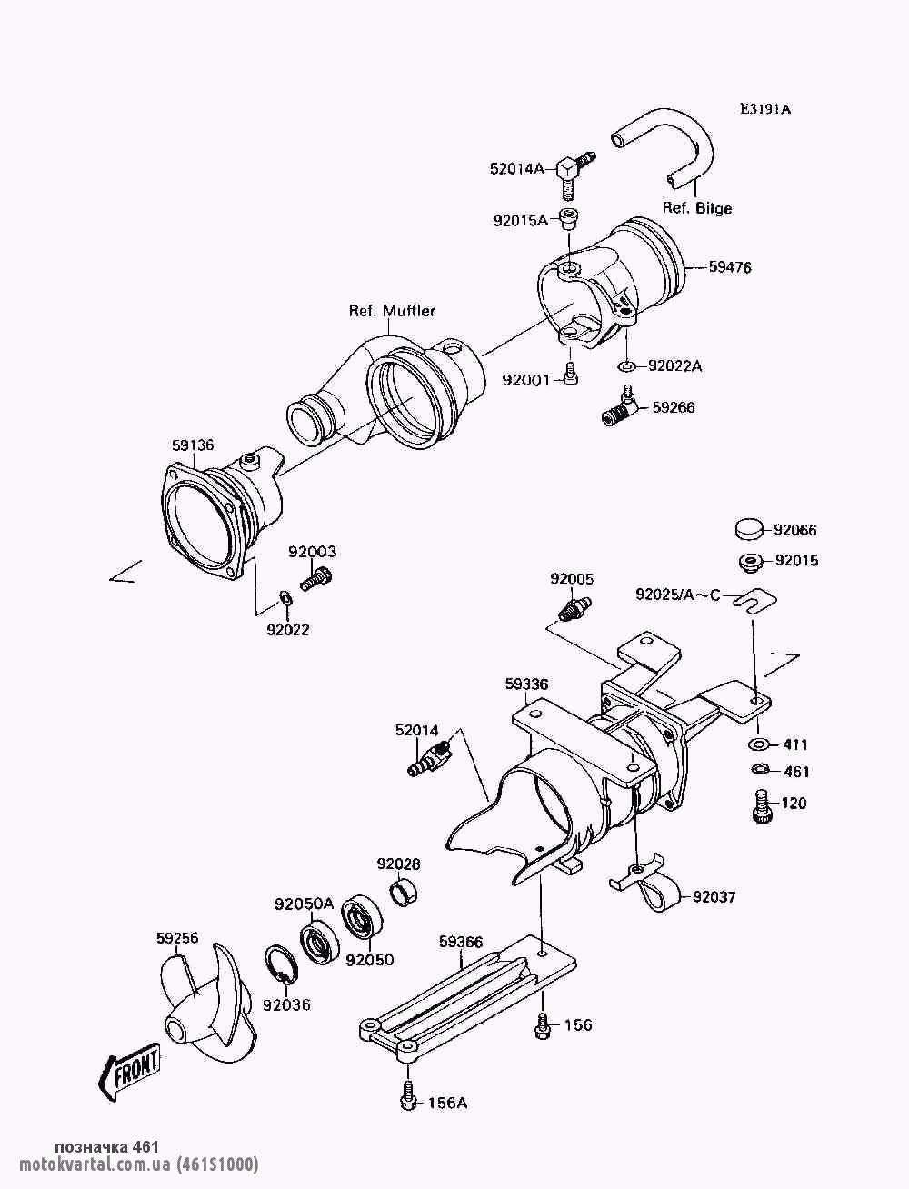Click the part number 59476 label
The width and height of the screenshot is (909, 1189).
[730, 268]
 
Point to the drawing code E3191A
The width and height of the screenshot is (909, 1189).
[764, 109]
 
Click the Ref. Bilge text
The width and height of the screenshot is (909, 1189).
[696, 208]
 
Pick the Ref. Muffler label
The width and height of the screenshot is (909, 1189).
[392, 311]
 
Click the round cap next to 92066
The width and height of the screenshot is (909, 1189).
[749, 528]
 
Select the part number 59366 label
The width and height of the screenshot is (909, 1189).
[461, 942]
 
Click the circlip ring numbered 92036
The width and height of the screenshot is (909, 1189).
[283, 964]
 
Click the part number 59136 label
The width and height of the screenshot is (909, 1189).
[193, 445]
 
